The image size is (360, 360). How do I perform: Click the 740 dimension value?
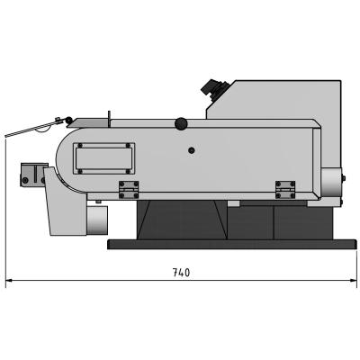[x=182, y=273]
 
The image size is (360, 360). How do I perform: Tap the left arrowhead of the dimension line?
[x=9, y=281]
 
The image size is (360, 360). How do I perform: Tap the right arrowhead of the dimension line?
[x=353, y=281]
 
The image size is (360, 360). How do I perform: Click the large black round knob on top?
[x=181, y=123]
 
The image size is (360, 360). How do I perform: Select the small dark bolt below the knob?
[x=191, y=150]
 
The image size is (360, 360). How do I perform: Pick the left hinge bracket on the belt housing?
[x=129, y=190]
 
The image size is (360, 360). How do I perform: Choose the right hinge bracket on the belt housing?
[x=285, y=190]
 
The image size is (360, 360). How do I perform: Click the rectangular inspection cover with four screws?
[x=103, y=158]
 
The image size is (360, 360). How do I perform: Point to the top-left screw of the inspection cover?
[x=80, y=146]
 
